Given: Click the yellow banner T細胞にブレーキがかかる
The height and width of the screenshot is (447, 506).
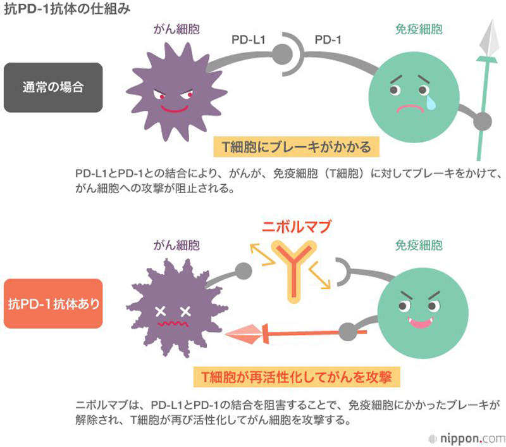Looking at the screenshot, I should [x=297, y=147].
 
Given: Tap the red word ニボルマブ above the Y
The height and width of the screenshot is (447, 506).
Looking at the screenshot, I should [x=297, y=227].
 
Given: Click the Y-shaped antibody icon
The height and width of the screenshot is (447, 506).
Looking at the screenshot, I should [x=295, y=271].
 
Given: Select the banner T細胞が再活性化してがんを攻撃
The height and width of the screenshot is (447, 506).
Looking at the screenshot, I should [x=297, y=377].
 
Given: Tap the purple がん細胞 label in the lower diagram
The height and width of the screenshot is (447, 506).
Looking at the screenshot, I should [x=177, y=244].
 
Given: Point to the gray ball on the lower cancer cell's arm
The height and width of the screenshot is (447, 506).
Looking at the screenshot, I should [x=244, y=273].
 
